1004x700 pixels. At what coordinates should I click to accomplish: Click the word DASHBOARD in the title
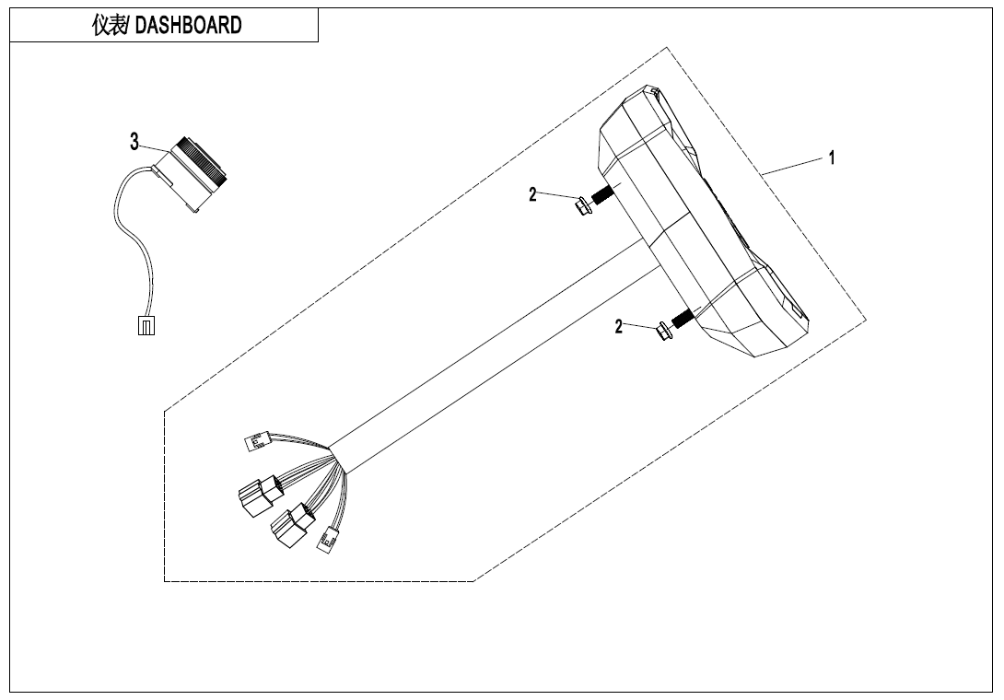pyautogui.click(x=189, y=26)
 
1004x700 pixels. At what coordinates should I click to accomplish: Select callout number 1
pyautogui.click(x=832, y=157)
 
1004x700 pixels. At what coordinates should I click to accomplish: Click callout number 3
pyautogui.click(x=134, y=142)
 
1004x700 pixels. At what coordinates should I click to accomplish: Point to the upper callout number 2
pyautogui.click(x=532, y=194)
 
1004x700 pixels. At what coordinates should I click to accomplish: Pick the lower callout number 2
pyautogui.click(x=620, y=326)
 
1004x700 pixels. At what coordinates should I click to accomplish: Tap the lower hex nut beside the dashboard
pyautogui.click(x=662, y=331)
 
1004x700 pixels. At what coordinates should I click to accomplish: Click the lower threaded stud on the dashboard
pyautogui.click(x=683, y=319)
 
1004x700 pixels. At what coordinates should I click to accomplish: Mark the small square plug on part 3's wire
pyautogui.click(x=146, y=325)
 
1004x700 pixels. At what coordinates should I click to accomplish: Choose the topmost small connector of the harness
pyautogui.click(x=254, y=444)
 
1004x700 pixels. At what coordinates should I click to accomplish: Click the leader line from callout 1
pyautogui.click(x=792, y=167)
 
